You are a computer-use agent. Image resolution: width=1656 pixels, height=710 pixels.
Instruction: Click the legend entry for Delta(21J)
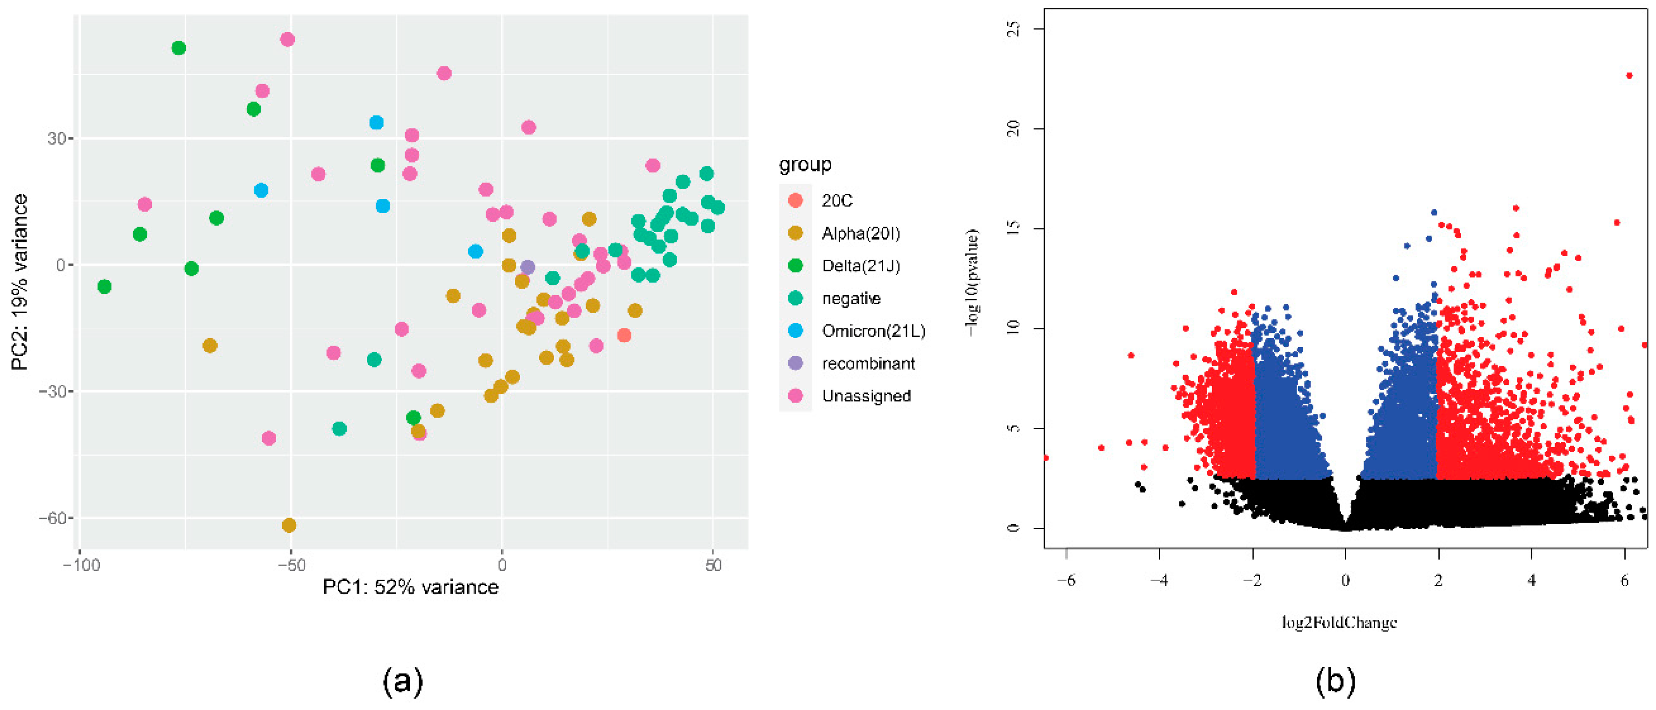point(860,265)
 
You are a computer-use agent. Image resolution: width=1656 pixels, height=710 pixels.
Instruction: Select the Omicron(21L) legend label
point(873,331)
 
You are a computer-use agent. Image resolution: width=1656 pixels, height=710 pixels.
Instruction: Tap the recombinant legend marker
point(795,363)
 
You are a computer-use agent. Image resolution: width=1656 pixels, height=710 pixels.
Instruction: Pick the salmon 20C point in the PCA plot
point(624,335)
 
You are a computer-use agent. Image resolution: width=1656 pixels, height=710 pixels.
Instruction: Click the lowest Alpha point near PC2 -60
point(289,525)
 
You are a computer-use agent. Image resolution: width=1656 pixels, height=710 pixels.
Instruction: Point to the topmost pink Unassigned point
point(287,40)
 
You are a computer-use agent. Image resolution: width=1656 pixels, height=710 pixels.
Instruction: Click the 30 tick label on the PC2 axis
point(57,139)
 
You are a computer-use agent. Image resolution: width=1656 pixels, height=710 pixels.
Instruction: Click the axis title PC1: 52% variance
point(410,587)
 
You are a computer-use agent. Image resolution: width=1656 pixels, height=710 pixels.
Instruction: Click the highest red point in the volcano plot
point(1629,76)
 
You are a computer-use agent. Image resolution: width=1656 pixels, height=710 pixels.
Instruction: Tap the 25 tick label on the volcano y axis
point(1014,29)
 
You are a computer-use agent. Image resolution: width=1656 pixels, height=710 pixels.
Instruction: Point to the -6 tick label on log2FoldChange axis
point(1066,580)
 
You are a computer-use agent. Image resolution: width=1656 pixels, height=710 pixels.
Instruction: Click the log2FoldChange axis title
point(1339,622)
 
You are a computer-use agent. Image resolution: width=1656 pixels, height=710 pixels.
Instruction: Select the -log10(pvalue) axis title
point(971,283)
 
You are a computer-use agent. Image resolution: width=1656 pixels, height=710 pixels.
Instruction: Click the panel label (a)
point(403,681)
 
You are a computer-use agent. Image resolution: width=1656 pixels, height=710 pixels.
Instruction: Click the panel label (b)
point(1335,681)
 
